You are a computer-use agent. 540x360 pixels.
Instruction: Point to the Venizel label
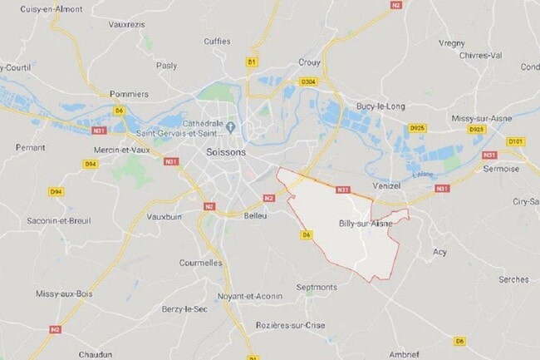[388, 186]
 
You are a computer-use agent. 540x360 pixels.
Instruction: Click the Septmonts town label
[317, 287]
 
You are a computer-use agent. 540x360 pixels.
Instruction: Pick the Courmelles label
[201, 263]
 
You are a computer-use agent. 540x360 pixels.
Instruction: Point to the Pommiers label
[128, 94]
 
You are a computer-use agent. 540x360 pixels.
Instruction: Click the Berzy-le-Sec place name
[184, 309]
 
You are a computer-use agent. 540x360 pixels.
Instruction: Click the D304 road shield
[309, 81]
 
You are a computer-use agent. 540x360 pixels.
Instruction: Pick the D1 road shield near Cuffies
[252, 62]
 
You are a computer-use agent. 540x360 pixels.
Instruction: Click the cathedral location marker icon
[231, 126]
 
